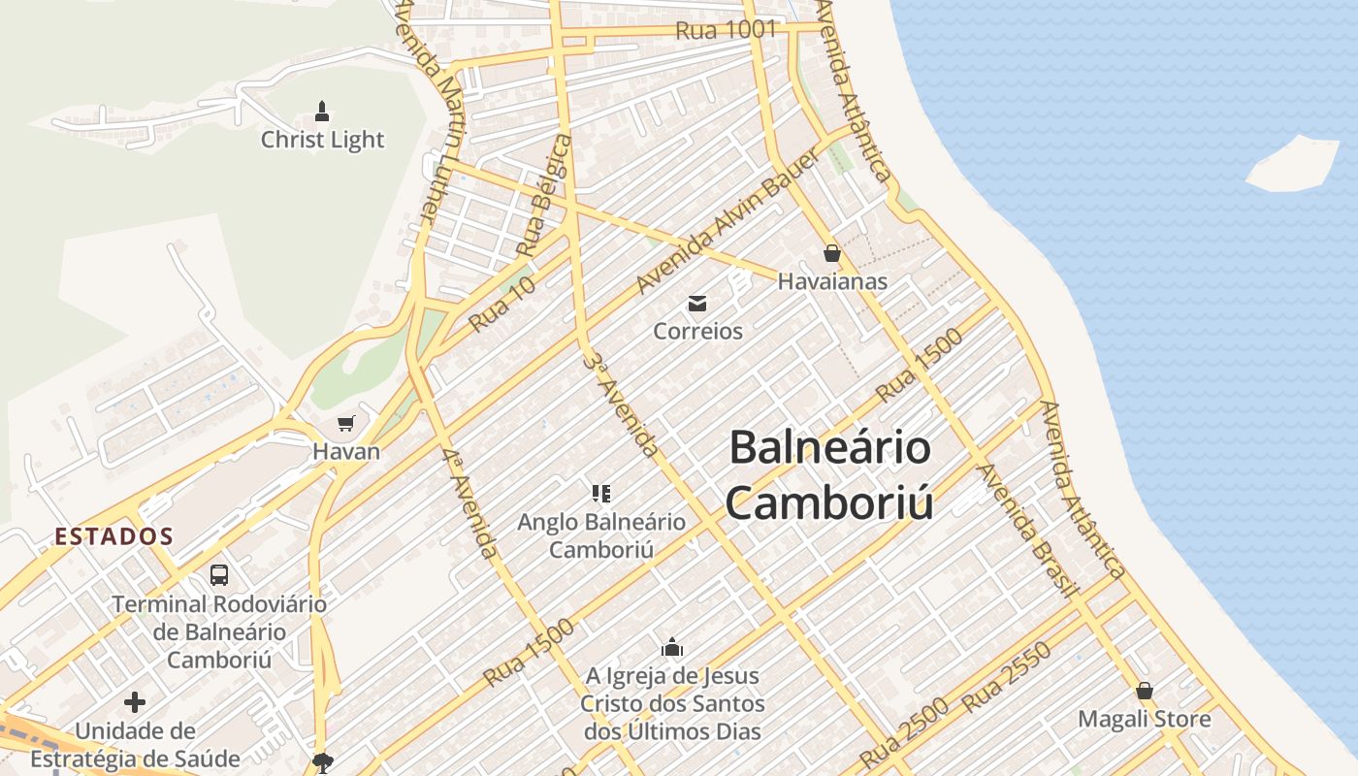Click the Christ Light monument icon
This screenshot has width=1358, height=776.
pos(322,112)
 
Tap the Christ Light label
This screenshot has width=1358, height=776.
pos(322,140)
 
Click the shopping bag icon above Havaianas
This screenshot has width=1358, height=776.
pos(831,254)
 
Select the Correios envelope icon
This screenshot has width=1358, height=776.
pos(697,305)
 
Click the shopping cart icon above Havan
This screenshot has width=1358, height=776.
pos(345,424)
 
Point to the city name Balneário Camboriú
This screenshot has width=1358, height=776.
pos(830,475)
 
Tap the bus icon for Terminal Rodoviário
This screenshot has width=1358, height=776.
pos(219,575)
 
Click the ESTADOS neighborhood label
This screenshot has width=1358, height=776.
pos(113,536)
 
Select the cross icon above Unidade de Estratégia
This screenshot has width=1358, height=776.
pos(135,701)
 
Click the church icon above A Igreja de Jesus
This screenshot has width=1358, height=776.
pos(672,647)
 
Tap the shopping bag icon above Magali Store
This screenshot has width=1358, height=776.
pos(1145,692)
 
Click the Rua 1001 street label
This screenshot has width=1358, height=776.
pos(726,30)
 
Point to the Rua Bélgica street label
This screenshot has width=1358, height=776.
pos(545,196)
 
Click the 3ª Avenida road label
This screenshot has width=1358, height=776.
pos(621,404)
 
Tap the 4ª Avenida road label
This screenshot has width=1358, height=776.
pos(469,504)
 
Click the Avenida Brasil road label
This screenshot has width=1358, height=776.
pos(1027,531)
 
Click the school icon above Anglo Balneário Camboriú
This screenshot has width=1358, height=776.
pos(601,494)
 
